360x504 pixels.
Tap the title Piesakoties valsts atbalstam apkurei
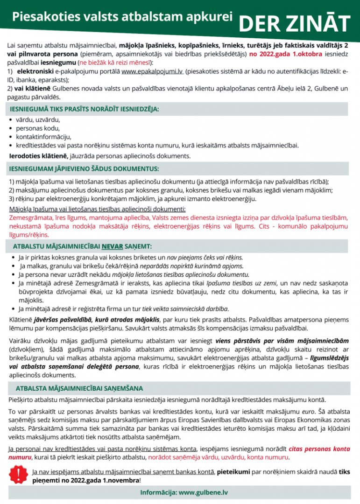point(122,17)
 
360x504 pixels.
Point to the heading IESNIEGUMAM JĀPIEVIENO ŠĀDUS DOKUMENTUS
point(84,168)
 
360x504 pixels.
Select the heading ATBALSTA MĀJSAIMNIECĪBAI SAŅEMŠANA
point(79,388)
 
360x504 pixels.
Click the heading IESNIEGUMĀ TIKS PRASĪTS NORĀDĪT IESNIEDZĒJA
point(84,109)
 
